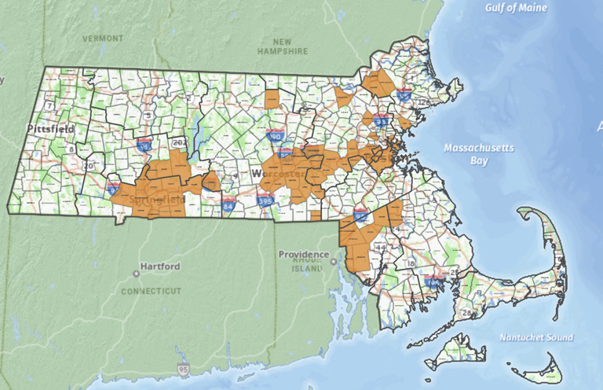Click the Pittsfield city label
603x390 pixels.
click(51, 127)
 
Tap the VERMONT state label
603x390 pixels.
click(104, 38)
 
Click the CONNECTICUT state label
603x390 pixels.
click(151, 291)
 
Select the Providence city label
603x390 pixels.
click(303, 255)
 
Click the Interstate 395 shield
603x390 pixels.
click(266, 202)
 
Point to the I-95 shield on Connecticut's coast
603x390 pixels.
click(184, 369)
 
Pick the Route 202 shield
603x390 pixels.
click(180, 142)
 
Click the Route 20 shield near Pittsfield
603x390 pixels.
click(88, 166)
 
